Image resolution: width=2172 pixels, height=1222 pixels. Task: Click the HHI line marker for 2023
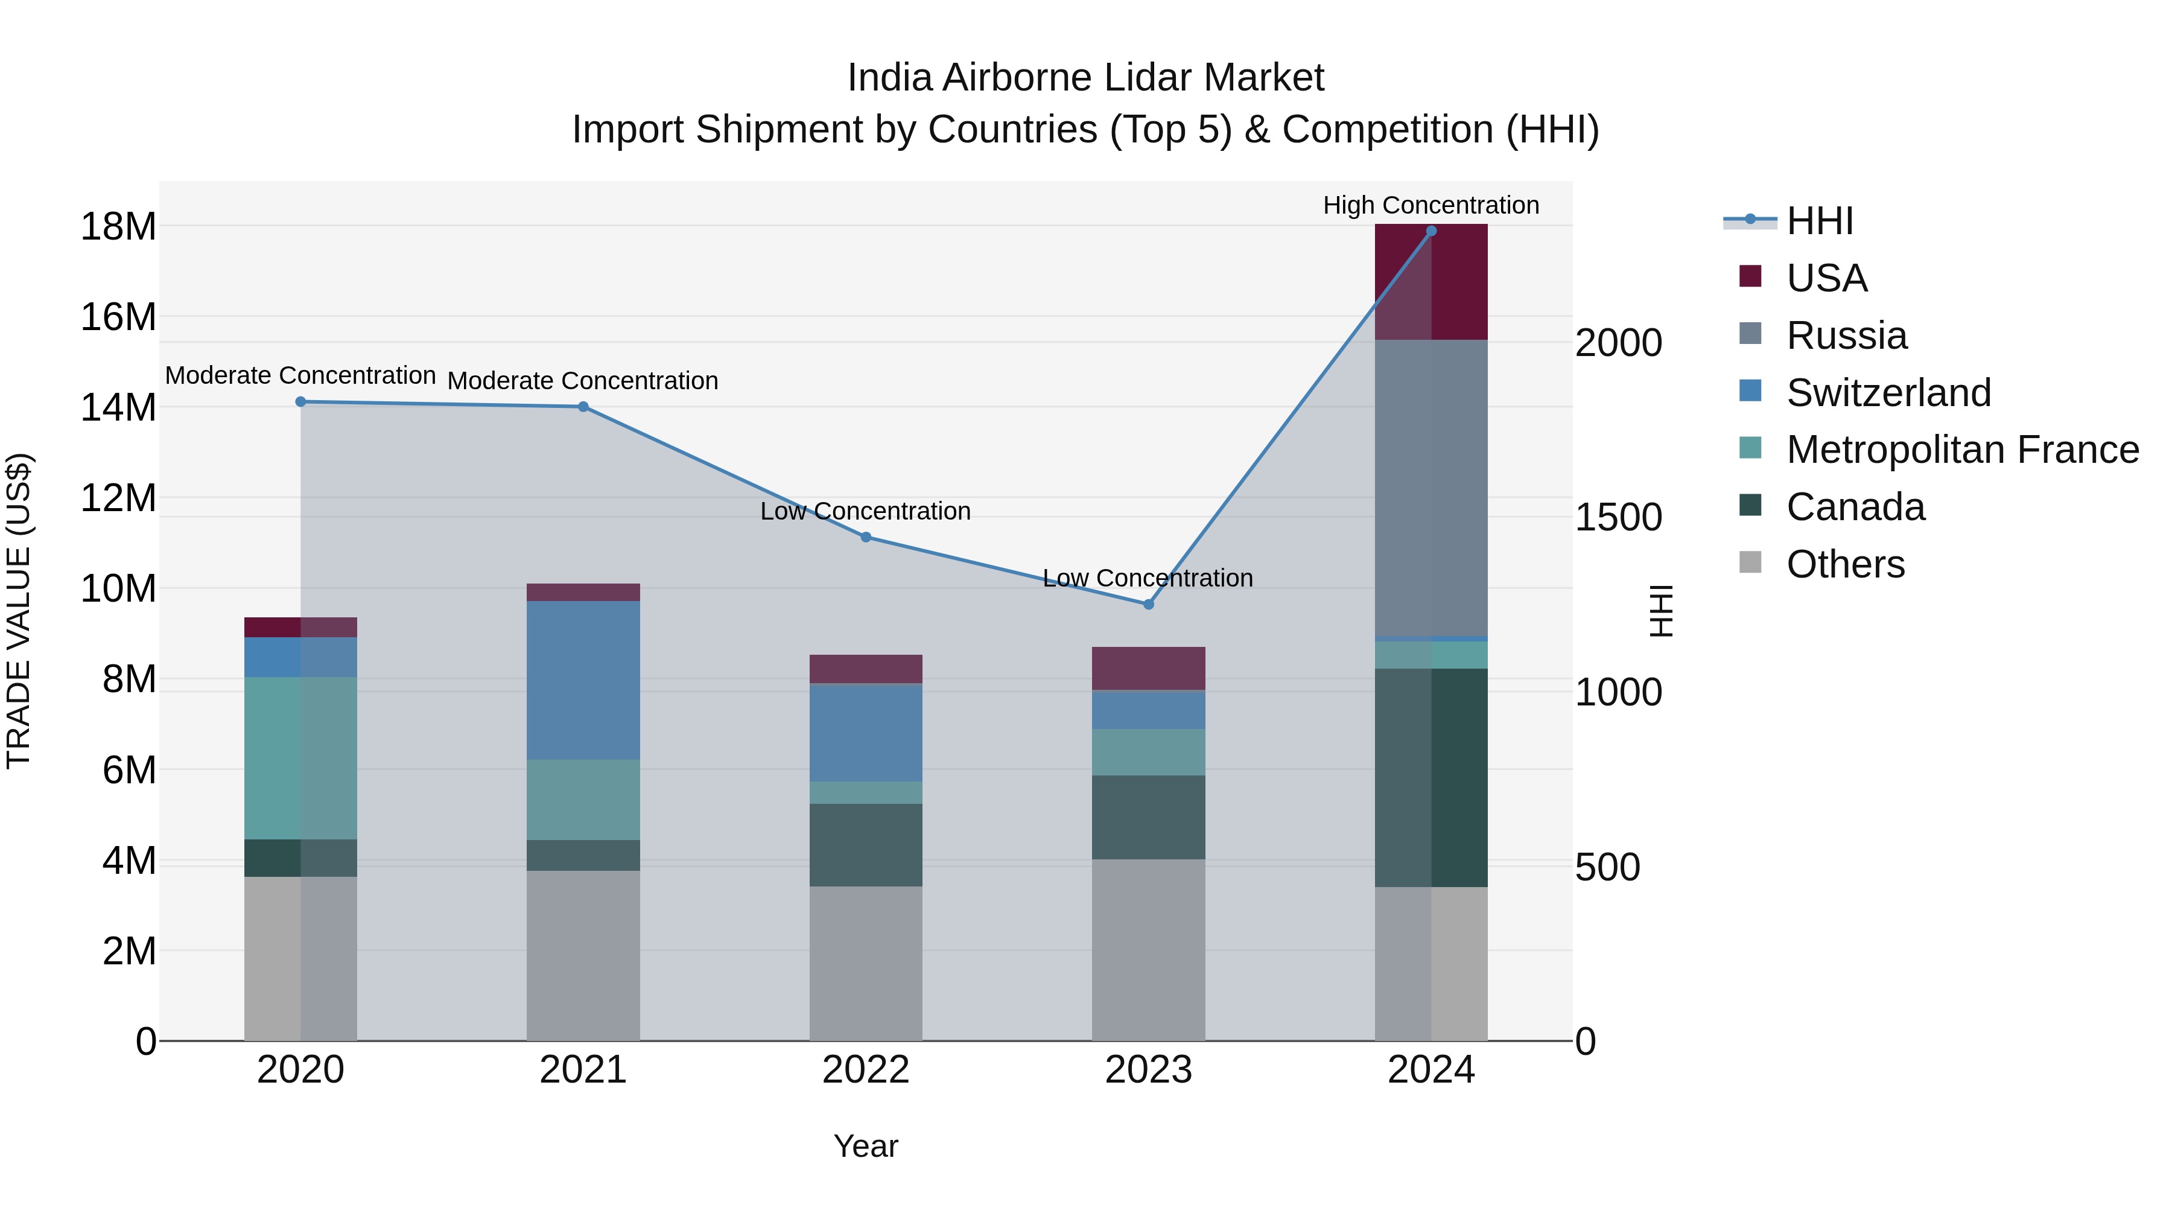click(1148, 604)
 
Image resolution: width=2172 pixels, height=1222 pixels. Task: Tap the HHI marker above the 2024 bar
click(1431, 231)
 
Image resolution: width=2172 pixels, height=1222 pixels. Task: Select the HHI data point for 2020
click(300, 401)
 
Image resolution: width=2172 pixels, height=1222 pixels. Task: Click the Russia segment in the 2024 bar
click(1431, 488)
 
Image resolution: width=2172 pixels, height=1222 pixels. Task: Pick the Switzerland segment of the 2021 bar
click(583, 679)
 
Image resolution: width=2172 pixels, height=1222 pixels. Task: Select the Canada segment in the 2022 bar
click(865, 844)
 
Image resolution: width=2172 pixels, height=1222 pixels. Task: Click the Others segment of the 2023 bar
click(1148, 950)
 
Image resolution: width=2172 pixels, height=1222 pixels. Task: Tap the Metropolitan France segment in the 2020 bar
click(300, 757)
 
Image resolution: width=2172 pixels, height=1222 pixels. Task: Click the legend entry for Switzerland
click(1888, 392)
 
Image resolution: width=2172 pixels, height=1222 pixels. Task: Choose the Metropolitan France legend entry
click(1961, 450)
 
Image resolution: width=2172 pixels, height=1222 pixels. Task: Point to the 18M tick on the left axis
click(118, 227)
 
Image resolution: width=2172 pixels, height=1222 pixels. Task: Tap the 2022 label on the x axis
click(865, 1070)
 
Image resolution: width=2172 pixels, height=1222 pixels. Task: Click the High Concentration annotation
click(1431, 205)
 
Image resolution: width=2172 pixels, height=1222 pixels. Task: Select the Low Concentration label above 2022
click(865, 511)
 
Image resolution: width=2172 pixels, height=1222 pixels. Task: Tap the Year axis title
click(865, 1146)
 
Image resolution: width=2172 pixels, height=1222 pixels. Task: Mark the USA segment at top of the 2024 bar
click(1431, 282)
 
